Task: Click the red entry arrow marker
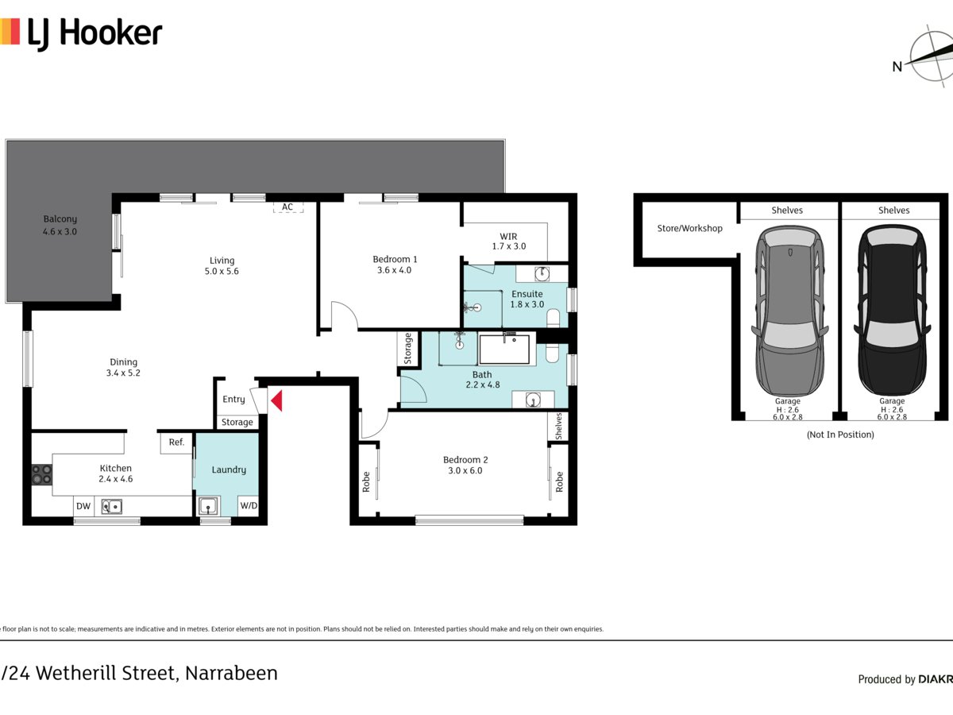click(x=276, y=400)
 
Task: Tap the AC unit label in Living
click(x=287, y=207)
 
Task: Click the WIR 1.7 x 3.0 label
click(x=508, y=242)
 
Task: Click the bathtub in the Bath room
click(x=504, y=350)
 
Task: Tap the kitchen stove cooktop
click(x=41, y=474)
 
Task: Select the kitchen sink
click(x=110, y=505)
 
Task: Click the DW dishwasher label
click(x=83, y=506)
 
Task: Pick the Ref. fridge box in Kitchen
click(x=176, y=443)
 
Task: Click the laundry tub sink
click(x=209, y=505)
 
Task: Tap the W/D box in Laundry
click(x=249, y=505)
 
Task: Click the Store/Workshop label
click(x=689, y=228)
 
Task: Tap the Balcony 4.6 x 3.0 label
click(x=60, y=225)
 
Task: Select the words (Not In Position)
click(x=839, y=435)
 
